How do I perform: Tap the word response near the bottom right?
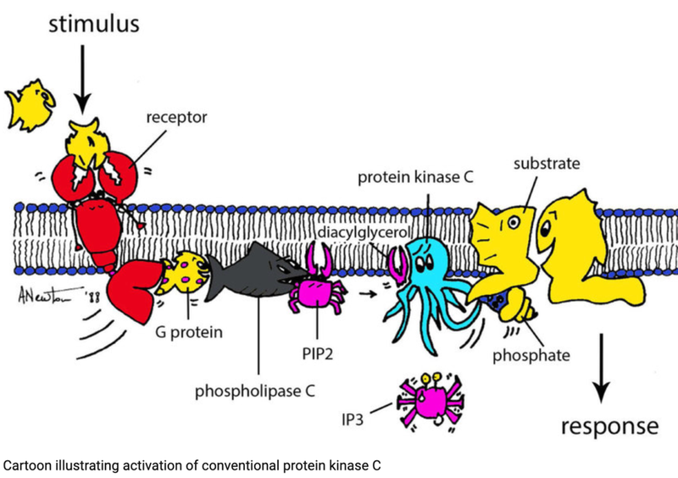point(608,425)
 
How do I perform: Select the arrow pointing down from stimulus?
point(82,81)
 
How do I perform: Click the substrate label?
point(543,160)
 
